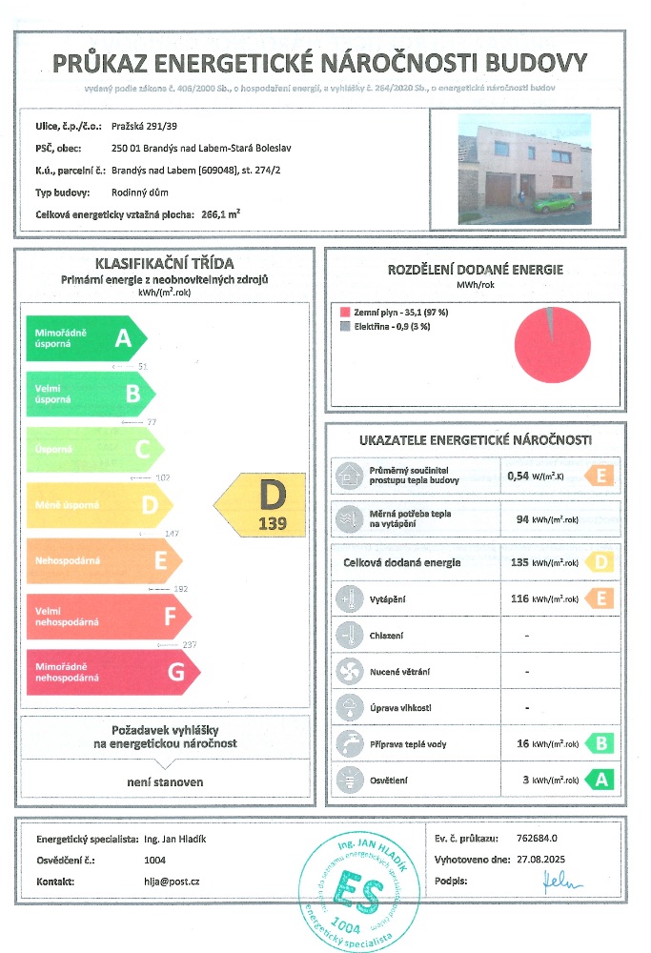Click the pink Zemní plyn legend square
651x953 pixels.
click(x=345, y=312)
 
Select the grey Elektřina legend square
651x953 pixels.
click(x=345, y=326)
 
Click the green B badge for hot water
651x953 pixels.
click(x=599, y=743)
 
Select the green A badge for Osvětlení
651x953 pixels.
click(x=599, y=780)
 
